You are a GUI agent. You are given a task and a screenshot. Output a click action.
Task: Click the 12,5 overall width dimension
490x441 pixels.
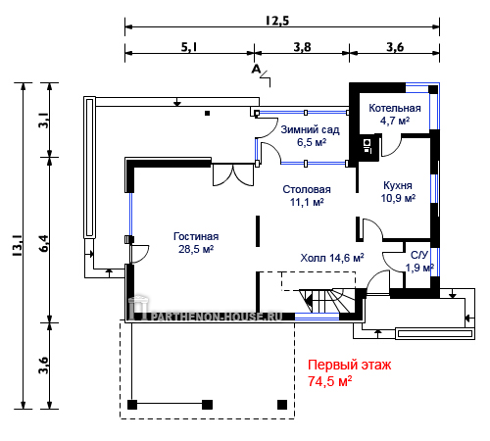tap(277, 21)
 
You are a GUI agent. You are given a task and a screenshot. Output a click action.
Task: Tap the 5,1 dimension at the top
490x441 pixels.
tap(189, 47)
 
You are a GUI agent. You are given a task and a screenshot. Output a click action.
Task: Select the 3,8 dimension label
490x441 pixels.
tap(302, 47)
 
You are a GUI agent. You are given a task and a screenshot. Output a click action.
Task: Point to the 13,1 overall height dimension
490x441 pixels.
tap(18, 245)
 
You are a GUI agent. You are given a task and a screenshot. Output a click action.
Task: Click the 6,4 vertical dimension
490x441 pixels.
tap(44, 243)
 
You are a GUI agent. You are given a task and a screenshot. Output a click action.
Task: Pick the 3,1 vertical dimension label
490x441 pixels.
tap(44, 121)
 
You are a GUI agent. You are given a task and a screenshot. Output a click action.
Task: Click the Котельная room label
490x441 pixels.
tap(395, 108)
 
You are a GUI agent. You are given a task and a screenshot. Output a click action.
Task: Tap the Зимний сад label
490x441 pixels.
tap(310, 129)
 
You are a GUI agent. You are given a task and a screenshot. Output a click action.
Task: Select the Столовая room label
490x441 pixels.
tap(307, 189)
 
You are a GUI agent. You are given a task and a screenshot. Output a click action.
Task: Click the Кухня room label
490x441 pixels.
tap(398, 185)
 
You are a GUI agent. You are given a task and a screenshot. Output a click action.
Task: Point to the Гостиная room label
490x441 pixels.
tap(196, 236)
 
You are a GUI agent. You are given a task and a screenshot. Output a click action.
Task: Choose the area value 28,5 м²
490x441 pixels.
tap(196, 249)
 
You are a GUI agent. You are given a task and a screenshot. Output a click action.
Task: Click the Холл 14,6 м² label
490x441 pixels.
tap(332, 258)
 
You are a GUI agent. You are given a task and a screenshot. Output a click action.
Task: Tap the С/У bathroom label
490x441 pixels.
tap(419, 255)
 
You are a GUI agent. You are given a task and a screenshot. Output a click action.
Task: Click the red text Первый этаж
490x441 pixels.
tap(349, 366)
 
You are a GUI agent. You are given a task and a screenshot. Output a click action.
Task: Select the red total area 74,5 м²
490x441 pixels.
tap(330, 381)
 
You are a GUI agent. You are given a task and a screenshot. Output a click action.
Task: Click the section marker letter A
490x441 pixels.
tap(257, 70)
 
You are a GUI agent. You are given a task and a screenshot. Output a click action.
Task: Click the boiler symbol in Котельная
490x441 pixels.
tap(367, 146)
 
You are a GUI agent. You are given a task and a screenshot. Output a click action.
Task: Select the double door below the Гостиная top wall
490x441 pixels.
tap(233, 175)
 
